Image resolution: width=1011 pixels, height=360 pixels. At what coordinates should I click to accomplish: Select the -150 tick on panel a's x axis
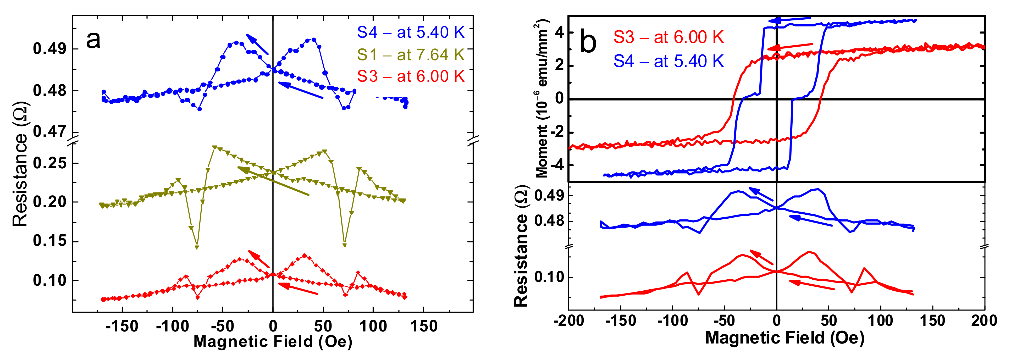(x=122, y=326)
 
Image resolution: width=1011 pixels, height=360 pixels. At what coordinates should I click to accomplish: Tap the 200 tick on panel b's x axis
(x=984, y=321)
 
